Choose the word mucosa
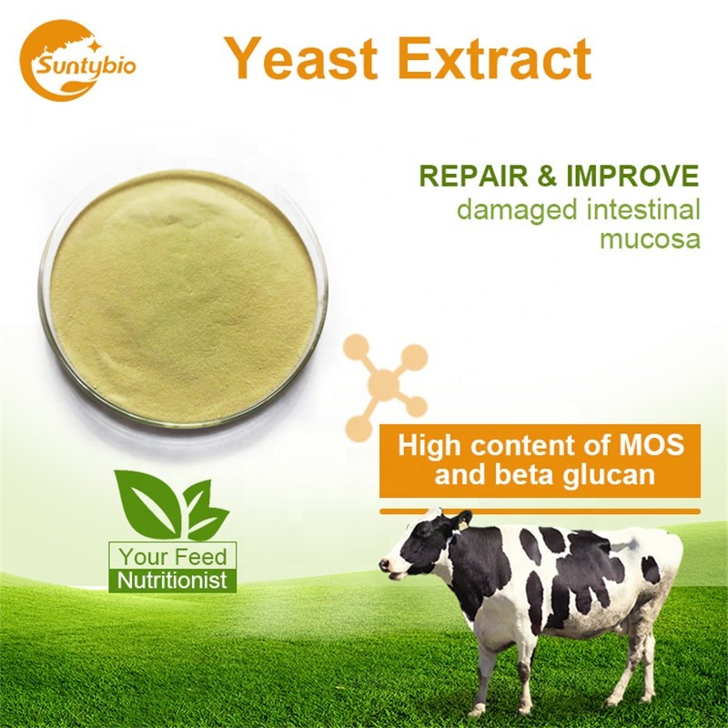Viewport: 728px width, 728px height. (650, 241)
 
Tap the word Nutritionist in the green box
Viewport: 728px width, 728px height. (173, 580)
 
